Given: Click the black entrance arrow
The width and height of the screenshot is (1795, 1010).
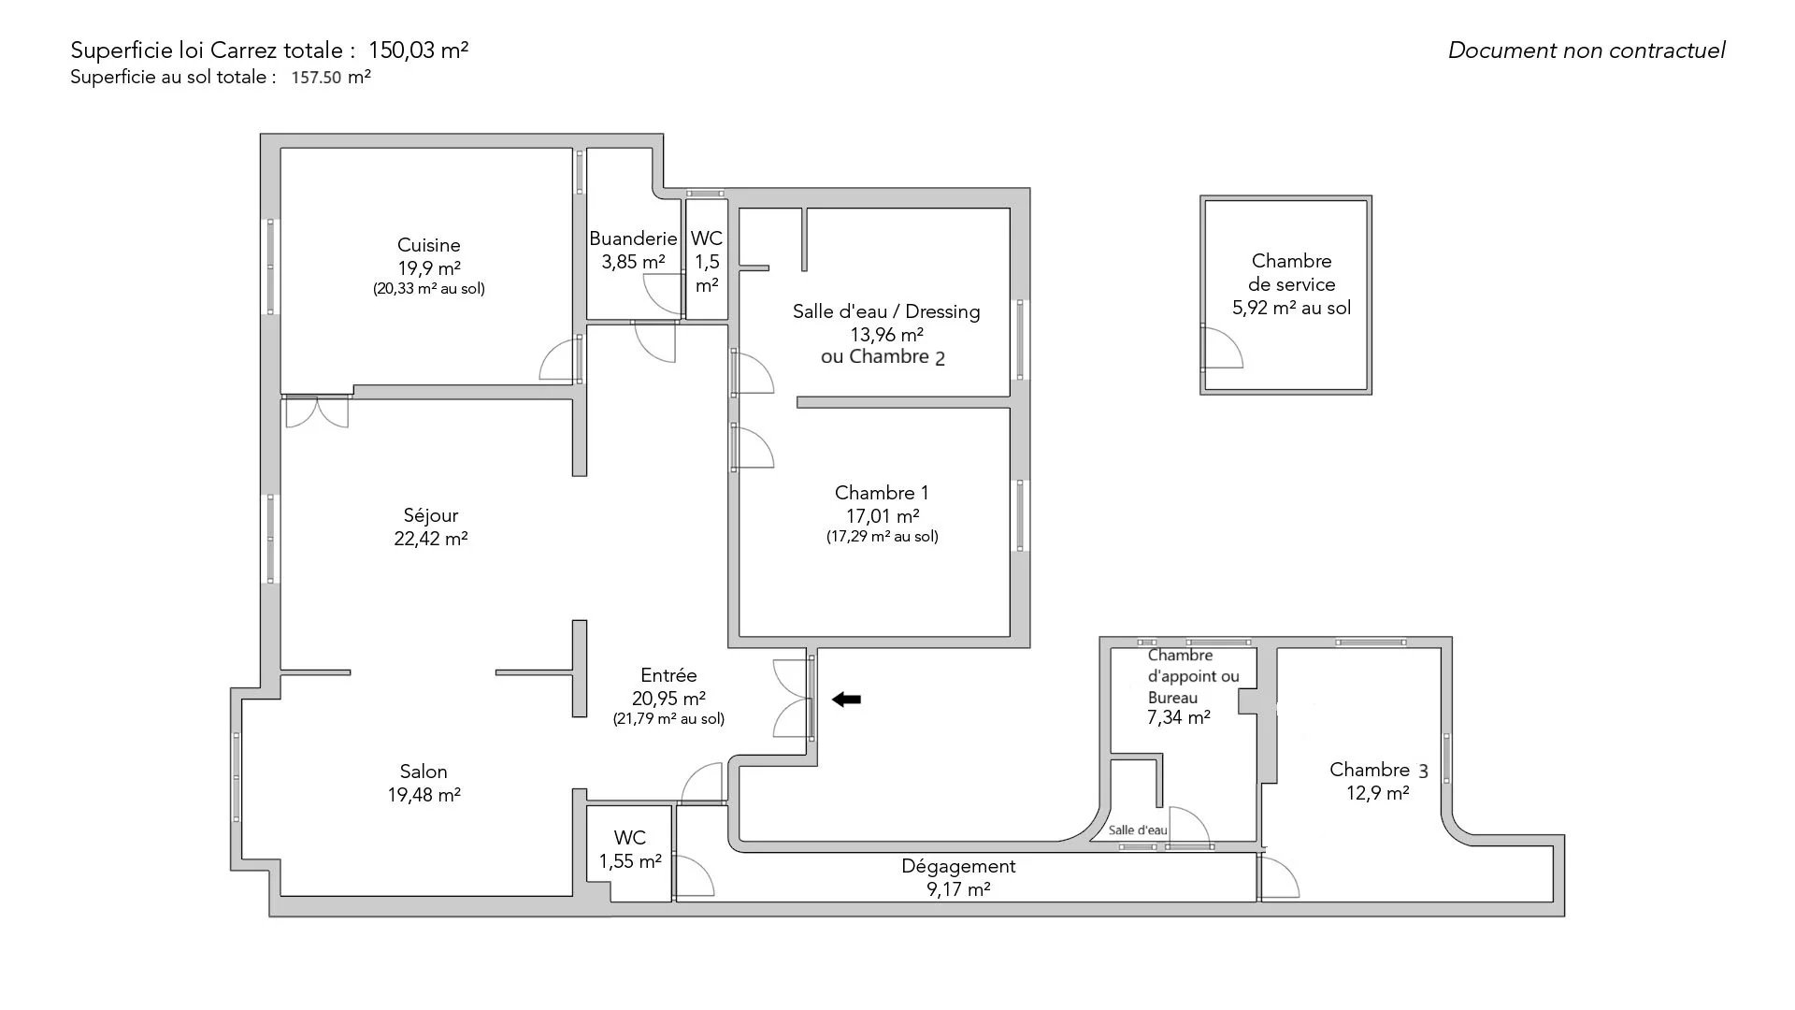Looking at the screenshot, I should click(847, 699).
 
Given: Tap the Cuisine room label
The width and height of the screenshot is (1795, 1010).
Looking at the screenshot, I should click(429, 245).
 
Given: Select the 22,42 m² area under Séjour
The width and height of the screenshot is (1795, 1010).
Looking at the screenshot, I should click(431, 539).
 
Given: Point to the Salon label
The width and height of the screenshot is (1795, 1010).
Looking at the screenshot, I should click(424, 772).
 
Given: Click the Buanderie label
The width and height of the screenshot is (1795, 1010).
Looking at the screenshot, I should click(633, 238).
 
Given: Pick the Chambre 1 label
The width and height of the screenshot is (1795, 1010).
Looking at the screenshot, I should click(882, 493).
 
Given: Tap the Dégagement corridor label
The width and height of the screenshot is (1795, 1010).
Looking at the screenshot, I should click(958, 866).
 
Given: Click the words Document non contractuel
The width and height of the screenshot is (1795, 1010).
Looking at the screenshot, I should click(1587, 50).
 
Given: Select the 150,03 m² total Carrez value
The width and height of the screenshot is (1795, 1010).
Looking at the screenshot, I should click(419, 50).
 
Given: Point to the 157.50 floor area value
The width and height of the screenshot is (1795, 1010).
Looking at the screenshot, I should click(317, 78).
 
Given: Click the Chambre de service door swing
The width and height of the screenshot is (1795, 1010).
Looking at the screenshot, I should click(1222, 349).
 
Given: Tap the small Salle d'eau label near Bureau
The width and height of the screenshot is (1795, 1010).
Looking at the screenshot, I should click(1138, 830).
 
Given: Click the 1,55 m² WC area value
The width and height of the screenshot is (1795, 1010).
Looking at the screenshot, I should click(630, 861).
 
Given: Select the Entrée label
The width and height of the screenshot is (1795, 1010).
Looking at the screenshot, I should click(668, 675).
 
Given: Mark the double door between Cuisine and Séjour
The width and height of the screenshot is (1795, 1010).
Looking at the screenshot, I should click(317, 411).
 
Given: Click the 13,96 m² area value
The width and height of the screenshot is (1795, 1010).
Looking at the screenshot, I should click(885, 334).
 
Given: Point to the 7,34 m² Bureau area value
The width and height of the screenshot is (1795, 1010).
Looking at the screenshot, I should click(1179, 717).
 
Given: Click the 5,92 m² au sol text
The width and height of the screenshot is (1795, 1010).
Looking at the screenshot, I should click(1291, 308).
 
